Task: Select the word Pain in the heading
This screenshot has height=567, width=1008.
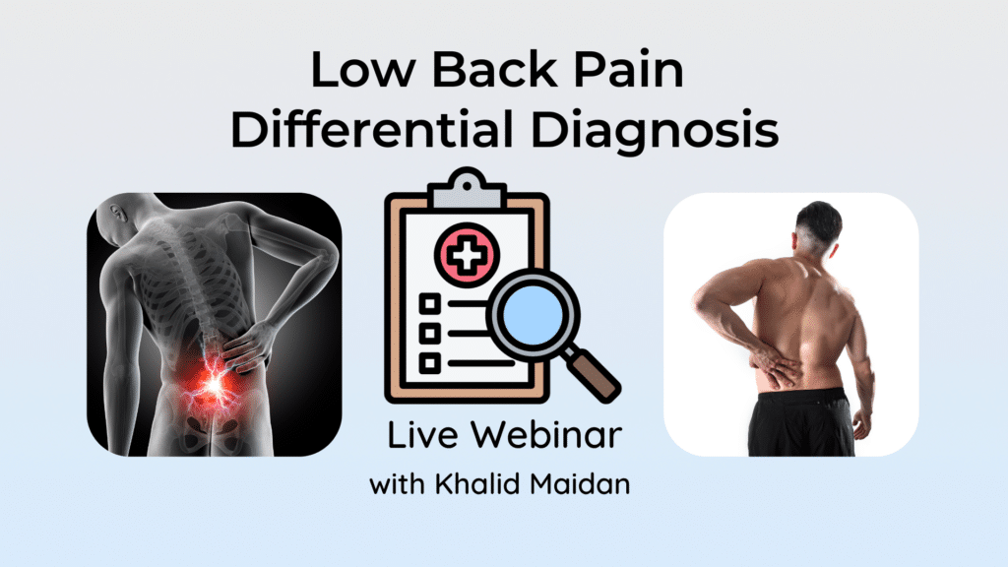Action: (628, 69)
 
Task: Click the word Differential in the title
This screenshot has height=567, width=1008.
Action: (372, 129)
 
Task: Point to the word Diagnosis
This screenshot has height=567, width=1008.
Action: (655, 133)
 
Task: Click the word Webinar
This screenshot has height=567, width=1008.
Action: (546, 434)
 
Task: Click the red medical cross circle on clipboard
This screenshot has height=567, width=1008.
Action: (468, 255)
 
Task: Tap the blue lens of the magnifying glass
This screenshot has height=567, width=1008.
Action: (534, 316)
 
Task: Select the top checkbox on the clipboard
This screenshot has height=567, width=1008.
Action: (430, 303)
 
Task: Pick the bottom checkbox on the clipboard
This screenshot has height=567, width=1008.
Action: (430, 363)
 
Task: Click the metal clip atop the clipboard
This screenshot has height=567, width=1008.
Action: (467, 187)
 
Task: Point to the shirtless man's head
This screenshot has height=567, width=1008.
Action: (818, 228)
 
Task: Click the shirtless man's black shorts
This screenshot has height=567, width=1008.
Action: (801, 421)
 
